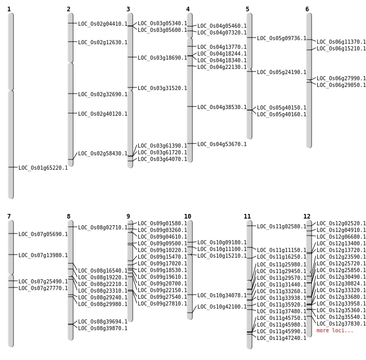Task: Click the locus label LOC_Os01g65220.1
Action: click(43, 168)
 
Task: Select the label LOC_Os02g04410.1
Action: click(103, 24)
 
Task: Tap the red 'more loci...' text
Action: click(335, 330)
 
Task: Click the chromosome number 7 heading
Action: click(9, 217)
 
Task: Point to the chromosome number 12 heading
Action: click(307, 217)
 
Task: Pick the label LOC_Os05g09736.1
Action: click(282, 38)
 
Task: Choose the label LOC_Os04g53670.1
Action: click(222, 144)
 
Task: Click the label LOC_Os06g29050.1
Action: click(341, 85)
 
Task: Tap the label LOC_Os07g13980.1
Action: click(43, 255)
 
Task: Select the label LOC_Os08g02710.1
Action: click(103, 227)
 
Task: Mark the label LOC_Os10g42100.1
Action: click(222, 307)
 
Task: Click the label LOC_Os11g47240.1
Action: click(282, 338)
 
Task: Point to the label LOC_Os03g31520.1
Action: click(162, 88)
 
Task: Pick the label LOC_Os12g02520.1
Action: click(341, 223)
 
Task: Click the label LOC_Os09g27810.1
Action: click(162, 303)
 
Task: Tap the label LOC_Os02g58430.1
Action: click(103, 153)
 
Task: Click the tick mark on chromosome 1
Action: click(11, 167)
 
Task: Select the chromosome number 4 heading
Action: click(188, 9)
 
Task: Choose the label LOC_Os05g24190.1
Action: click(282, 72)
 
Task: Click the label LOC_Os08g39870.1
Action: click(103, 328)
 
